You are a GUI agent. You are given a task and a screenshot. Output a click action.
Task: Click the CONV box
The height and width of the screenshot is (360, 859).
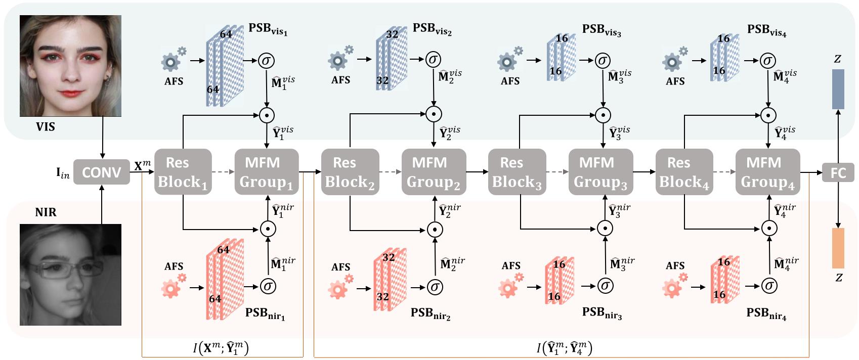[x=102, y=172]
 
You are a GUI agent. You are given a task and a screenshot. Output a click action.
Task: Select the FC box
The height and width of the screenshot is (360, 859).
[x=838, y=172]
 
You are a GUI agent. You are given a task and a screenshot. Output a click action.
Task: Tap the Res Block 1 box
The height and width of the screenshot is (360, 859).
[x=183, y=172]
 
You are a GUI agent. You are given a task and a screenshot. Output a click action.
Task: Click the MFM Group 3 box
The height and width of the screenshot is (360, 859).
[x=600, y=172]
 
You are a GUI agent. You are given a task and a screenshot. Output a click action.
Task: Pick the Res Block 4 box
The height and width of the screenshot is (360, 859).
[x=683, y=172]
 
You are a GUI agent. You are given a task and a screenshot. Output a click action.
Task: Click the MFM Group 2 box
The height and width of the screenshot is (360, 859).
[x=434, y=172]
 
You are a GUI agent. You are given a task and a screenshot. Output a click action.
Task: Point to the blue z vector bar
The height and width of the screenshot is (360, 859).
[x=838, y=89]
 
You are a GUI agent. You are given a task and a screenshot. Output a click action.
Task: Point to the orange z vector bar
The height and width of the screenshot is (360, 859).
[x=838, y=248]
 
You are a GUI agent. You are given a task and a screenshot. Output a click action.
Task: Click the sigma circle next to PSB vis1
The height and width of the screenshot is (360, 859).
[x=266, y=61]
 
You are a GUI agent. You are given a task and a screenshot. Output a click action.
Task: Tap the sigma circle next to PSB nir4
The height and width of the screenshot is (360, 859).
[x=769, y=286]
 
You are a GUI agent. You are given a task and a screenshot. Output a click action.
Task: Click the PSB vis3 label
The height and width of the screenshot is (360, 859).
[x=601, y=29]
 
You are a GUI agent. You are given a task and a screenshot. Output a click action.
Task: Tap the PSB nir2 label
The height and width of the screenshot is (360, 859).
[x=431, y=313]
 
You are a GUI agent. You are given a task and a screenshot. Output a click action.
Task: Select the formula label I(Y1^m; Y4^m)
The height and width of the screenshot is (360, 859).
[x=564, y=347]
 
